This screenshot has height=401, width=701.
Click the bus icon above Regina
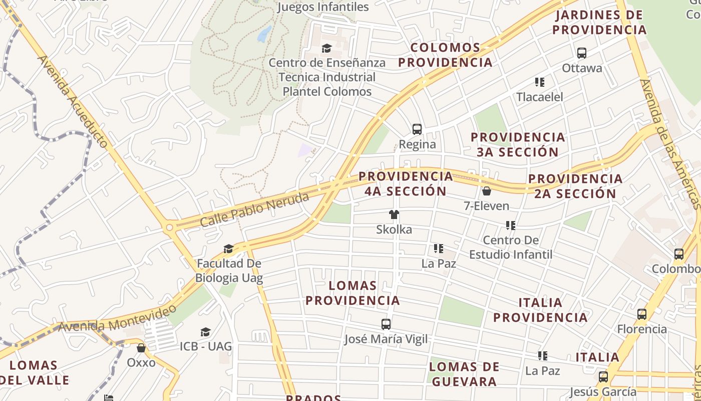tap(417, 129)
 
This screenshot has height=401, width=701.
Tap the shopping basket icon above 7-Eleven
tap(486, 191)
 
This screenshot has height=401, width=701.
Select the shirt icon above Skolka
tap(394, 215)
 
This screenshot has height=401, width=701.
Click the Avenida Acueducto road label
tap(73, 101)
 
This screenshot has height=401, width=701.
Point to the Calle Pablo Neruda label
tap(254, 210)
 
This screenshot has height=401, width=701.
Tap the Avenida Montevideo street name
tap(118, 317)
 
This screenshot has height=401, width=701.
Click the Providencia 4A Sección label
tap(406, 183)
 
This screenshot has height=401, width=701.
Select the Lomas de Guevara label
tap(464, 373)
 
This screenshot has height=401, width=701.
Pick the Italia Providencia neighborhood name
tap(540, 310)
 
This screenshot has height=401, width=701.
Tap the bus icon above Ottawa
tap(581, 53)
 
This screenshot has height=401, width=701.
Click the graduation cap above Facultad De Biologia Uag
tap(228, 249)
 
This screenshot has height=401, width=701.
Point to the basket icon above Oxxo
tap(141, 347)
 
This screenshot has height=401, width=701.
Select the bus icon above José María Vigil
tap(386, 324)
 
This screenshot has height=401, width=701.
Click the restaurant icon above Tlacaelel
tap(539, 82)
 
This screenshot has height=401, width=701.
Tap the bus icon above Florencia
tap(642, 314)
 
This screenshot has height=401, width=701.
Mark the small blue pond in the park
tap(264, 34)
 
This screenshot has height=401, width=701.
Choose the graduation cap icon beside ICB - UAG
tap(205, 332)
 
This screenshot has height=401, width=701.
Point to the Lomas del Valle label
tap(34, 372)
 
